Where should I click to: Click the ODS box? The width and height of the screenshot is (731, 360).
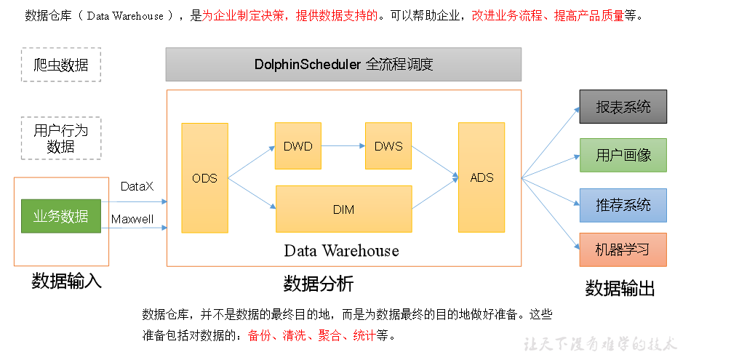204,178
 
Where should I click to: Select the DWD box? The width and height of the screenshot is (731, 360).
297,146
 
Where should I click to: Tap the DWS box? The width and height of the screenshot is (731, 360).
388,146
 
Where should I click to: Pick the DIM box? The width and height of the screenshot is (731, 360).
343,209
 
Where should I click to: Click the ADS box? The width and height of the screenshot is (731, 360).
482,178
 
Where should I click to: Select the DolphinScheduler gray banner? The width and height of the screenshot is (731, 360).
343,65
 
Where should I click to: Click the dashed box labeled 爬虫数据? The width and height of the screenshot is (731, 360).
61,65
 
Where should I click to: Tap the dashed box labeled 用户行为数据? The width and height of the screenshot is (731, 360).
61,138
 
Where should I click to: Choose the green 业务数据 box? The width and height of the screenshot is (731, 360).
61,216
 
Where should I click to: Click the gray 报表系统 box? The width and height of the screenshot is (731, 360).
623,107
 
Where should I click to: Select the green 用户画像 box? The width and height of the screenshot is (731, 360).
623,155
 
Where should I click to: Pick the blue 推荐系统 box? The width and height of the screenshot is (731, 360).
623,205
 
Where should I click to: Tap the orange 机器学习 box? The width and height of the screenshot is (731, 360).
623,250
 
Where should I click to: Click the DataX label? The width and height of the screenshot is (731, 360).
137,187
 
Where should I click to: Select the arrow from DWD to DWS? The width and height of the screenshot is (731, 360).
343,146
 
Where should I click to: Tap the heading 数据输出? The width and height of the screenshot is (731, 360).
620,288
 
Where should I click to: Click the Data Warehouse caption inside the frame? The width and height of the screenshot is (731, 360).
341,251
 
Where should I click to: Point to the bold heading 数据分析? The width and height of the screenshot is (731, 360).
318,283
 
